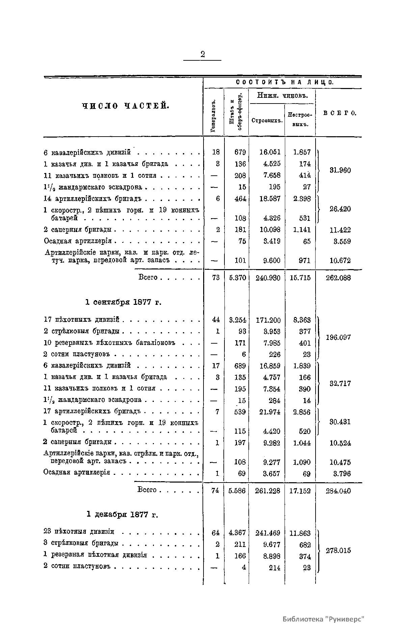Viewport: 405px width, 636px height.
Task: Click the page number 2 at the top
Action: coord(202,54)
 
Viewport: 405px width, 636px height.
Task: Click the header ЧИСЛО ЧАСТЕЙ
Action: coord(125,106)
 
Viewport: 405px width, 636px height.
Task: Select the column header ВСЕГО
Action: coord(340,113)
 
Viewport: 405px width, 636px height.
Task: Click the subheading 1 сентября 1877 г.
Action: coord(123,302)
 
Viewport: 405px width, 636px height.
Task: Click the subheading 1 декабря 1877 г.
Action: coord(123,515)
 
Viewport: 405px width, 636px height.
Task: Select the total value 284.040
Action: coord(338,491)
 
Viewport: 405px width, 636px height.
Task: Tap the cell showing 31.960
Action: coord(340,170)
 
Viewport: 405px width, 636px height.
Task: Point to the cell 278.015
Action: coord(338,550)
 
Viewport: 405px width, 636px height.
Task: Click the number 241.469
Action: coord(268,533)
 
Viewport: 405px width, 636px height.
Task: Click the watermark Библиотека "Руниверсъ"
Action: coord(324,619)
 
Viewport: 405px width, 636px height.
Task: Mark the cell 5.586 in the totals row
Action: coord(237,491)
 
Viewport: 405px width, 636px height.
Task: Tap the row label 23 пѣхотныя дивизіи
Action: coord(79,532)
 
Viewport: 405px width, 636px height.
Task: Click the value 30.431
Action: coord(340,422)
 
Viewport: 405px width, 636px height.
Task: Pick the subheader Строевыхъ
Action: coord(267,121)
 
